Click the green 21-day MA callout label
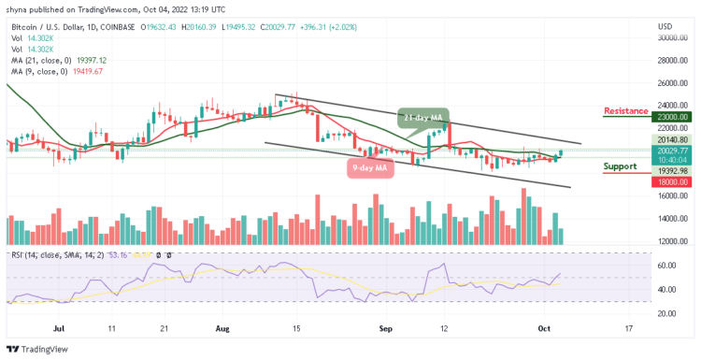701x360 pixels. [423, 118]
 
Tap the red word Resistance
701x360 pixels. [626, 110]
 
